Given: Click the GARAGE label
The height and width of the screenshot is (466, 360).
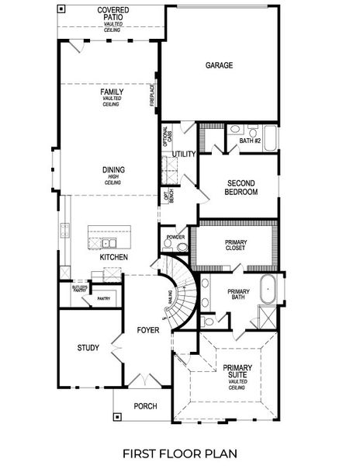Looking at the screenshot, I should click(220, 66).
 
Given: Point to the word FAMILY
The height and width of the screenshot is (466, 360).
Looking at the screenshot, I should click(112, 92).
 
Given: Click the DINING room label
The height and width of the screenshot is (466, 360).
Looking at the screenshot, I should click(113, 170).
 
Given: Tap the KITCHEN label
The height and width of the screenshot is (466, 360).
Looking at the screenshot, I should click(113, 257).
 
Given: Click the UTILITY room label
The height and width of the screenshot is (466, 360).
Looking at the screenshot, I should click(184, 154).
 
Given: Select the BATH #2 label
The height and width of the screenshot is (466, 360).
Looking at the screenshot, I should click(250, 141).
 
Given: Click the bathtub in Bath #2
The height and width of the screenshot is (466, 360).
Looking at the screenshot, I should click(269, 139).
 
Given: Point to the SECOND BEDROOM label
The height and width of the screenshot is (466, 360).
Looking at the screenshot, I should click(241, 187).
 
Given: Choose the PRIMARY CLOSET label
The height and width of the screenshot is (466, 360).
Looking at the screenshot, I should click(235, 245).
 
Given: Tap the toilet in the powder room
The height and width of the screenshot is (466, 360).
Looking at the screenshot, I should click(182, 246).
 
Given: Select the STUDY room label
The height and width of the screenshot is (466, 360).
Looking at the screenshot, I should click(88, 347).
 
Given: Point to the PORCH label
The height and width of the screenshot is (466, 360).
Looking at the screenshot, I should click(145, 405).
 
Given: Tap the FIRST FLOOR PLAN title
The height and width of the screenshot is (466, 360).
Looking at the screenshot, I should click(179, 452).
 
